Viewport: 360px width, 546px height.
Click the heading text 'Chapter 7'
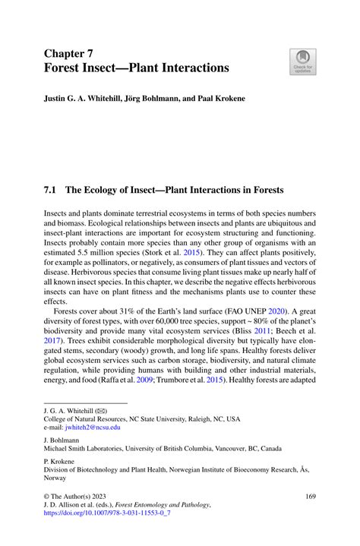click(x=74, y=52)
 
